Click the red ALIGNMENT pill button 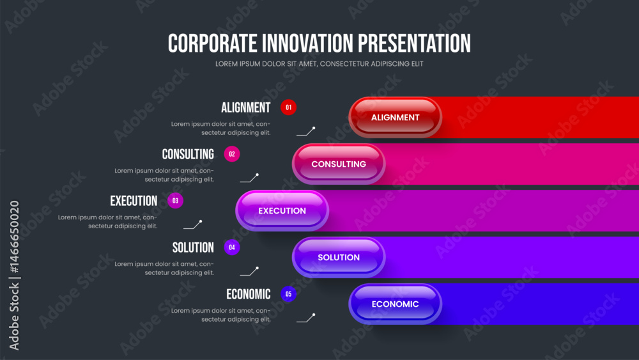tap(395, 118)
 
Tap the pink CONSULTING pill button tap(339, 164)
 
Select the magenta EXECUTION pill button tap(282, 211)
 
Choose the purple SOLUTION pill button tap(339, 257)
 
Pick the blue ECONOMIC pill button tap(395, 304)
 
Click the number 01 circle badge tap(289, 107)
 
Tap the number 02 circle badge tap(232, 154)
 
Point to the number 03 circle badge tap(175, 201)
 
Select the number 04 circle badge tap(232, 247)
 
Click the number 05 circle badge tap(289, 294)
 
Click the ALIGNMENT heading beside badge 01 tap(246, 107)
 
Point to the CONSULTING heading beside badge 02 tap(188, 154)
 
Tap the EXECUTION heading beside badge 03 tap(134, 201)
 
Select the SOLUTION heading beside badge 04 tap(193, 247)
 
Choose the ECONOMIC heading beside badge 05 tap(249, 294)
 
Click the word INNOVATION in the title tap(307, 43)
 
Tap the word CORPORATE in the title tap(212, 43)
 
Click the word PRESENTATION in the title tap(414, 43)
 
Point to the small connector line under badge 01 tap(305, 131)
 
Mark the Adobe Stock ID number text tap(15, 237)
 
